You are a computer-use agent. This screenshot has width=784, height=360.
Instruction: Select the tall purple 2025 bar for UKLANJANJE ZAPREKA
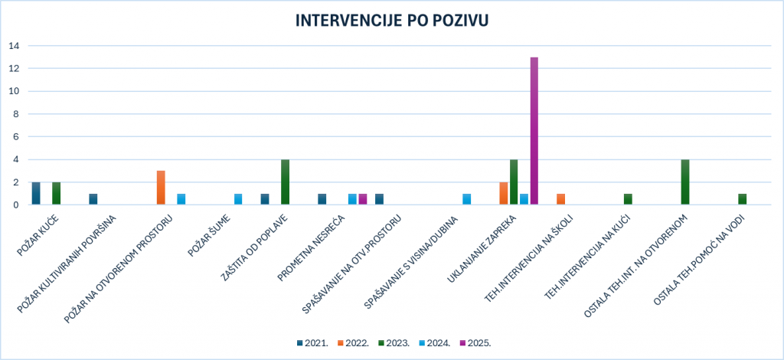pos(534,131)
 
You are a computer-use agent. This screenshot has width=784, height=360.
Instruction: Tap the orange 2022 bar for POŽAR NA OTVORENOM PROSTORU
pos(161,188)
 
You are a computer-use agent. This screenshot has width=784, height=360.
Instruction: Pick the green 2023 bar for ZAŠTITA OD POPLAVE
pos(285,182)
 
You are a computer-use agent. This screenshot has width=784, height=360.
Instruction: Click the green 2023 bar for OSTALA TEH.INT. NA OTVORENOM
pos(685,182)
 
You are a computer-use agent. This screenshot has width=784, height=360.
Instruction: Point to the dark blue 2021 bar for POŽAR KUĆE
pos(36,194)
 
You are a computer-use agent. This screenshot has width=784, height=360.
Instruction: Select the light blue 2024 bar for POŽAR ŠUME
pos(238,199)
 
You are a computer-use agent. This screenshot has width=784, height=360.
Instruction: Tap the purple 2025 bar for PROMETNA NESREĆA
pos(362,199)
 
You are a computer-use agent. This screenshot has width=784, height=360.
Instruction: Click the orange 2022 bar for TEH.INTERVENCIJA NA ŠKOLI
pos(560,199)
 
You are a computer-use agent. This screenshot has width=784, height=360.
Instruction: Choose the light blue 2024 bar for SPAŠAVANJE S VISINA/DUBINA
pos(466,199)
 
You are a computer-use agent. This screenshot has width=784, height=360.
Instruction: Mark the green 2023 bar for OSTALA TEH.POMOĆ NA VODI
pos(742,199)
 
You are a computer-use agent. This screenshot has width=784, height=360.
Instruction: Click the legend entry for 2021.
pos(312,342)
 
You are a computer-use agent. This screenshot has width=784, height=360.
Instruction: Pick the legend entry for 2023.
pos(394,342)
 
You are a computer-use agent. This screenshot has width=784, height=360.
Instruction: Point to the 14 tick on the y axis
pos(14,45)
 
